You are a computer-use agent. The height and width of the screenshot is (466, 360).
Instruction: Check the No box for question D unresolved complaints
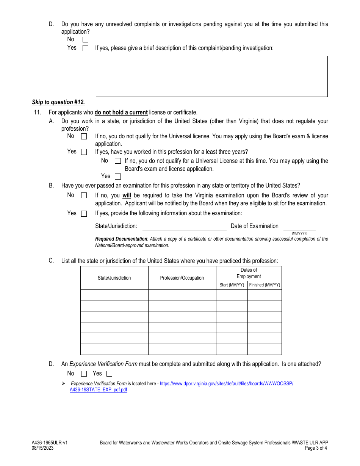click(x=85, y=39)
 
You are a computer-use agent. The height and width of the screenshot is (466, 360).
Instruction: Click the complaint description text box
click(x=211, y=76)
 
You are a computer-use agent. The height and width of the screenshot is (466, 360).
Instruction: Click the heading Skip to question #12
click(x=58, y=102)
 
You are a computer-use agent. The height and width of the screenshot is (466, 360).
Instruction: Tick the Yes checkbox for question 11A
click(x=84, y=152)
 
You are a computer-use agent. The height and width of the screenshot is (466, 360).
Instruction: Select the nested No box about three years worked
click(x=118, y=161)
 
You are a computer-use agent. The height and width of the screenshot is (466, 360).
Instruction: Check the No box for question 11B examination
click(x=84, y=195)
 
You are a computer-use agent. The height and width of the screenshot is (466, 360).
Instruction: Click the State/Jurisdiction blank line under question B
click(x=184, y=227)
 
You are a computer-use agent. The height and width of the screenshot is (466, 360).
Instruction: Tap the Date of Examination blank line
click(x=299, y=227)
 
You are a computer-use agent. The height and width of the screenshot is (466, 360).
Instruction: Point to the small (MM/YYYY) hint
click(x=299, y=233)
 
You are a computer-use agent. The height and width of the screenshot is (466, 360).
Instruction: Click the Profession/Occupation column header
click(x=182, y=278)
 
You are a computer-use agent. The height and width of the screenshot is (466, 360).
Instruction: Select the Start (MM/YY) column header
click(x=232, y=285)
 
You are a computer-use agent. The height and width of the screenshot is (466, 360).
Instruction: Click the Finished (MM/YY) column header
click(x=265, y=285)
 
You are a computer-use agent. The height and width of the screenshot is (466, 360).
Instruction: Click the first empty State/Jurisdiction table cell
click(x=114, y=295)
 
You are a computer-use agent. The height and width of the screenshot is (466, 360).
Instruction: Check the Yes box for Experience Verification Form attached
click(x=110, y=374)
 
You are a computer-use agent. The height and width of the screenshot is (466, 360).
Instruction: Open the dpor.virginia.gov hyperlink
click(x=226, y=384)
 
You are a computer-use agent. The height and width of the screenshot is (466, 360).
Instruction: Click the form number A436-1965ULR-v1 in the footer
click(x=50, y=443)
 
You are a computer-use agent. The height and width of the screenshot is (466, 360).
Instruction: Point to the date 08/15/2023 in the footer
click(x=43, y=448)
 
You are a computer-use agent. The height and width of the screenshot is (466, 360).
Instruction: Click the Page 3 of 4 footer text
click(x=316, y=448)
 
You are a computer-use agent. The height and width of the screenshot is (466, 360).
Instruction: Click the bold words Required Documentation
click(x=121, y=239)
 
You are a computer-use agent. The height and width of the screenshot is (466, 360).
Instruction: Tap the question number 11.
click(x=37, y=113)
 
